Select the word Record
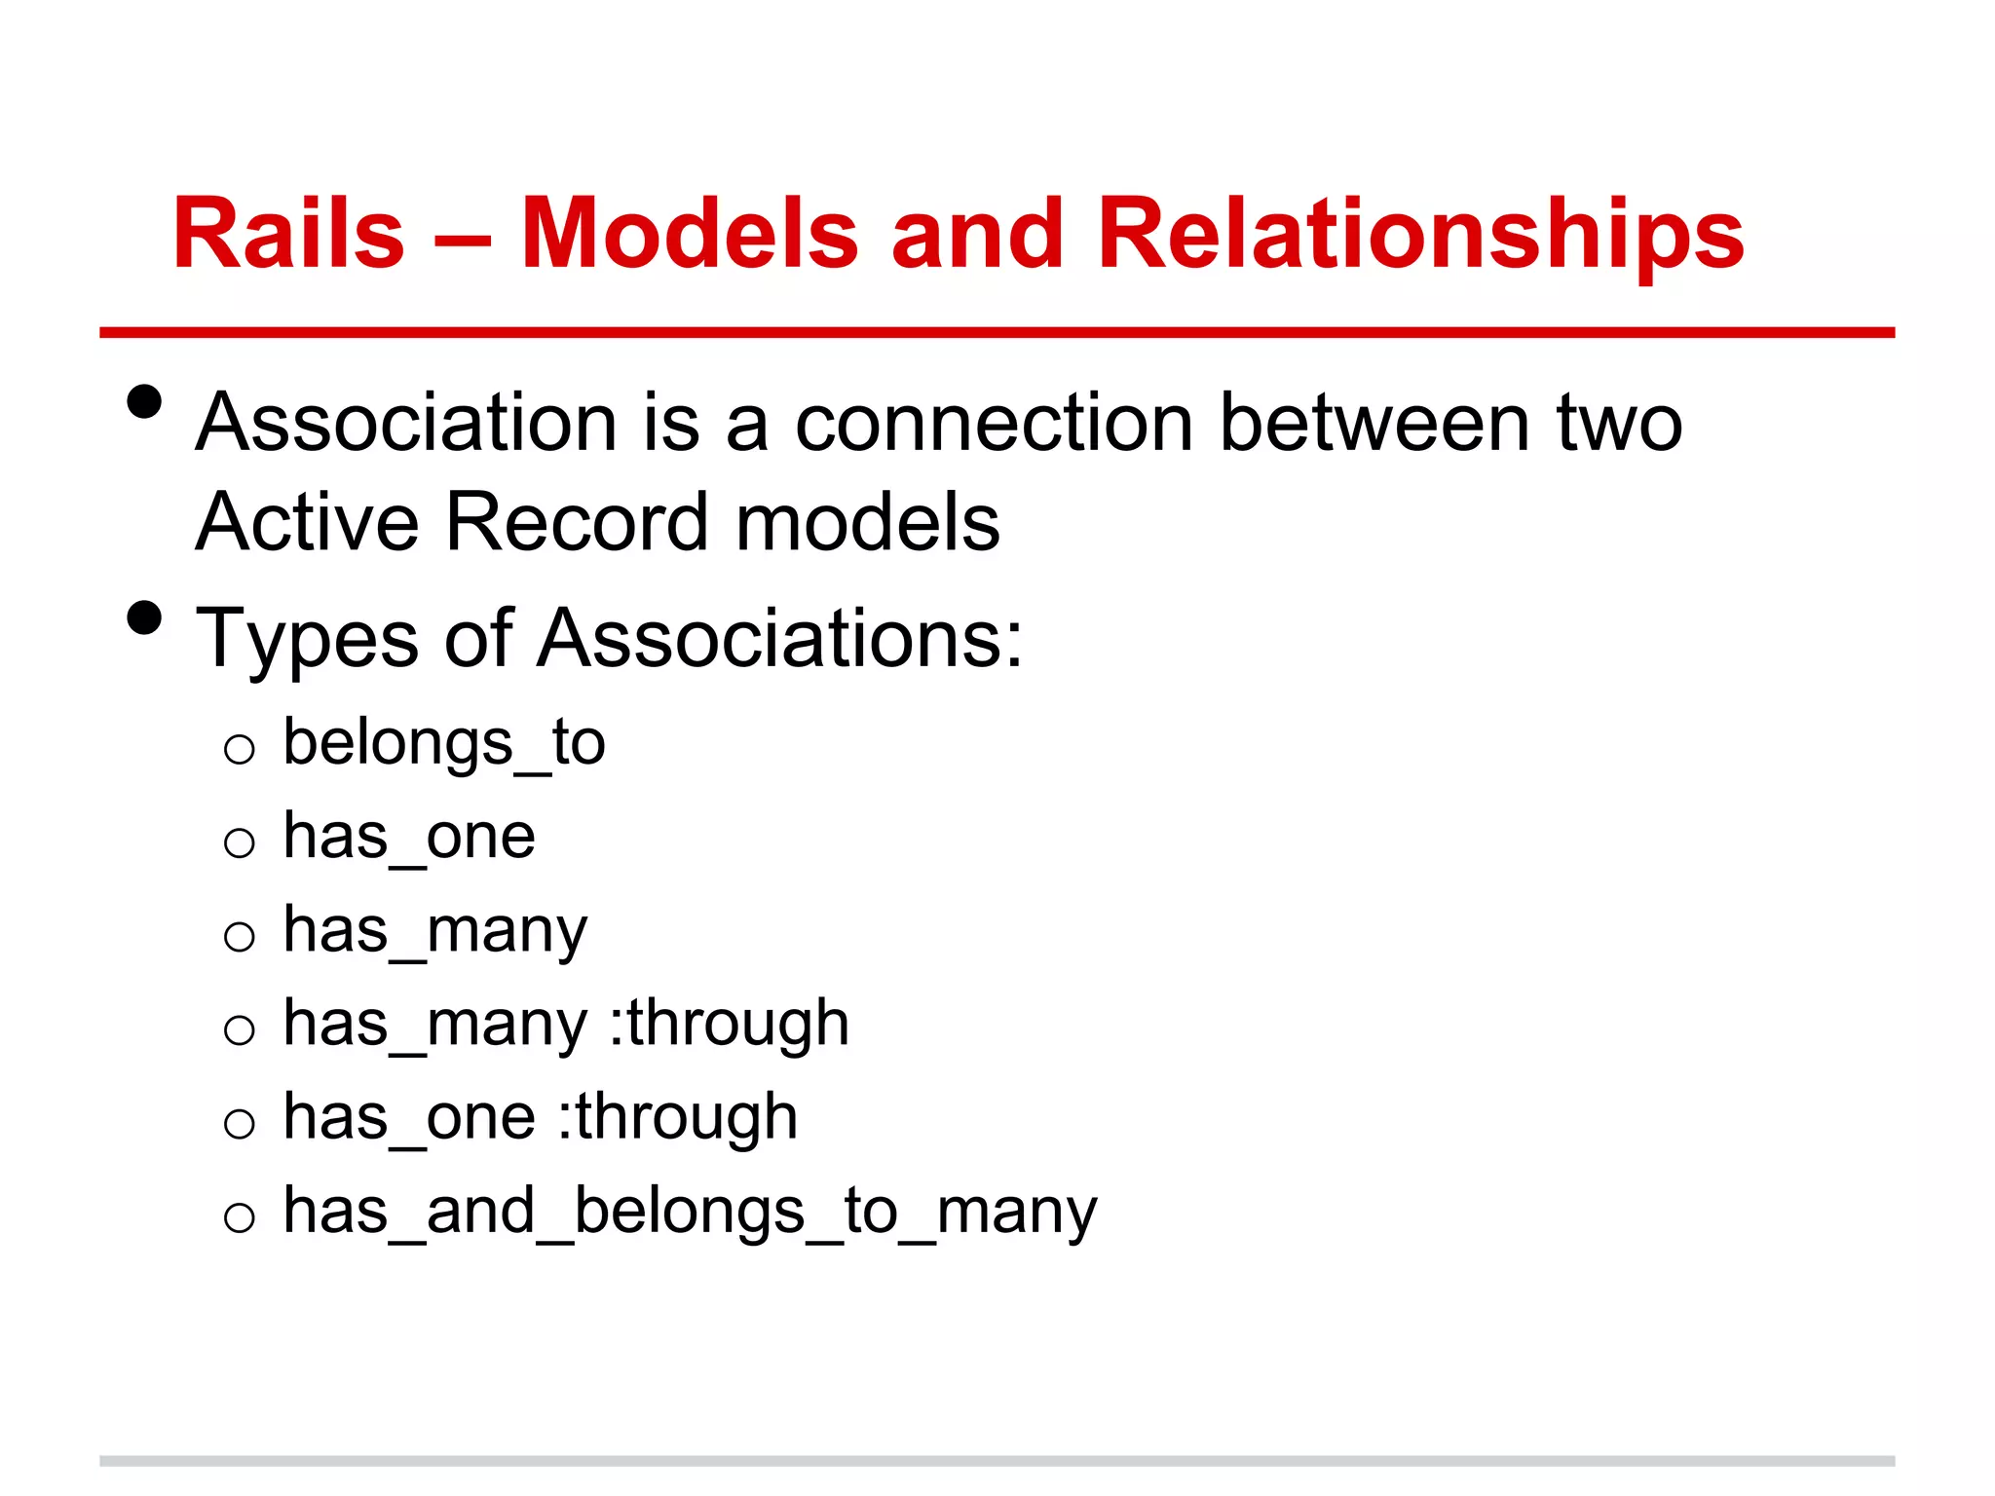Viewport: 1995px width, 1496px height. coord(577,522)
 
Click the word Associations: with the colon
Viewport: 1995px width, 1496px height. coord(780,639)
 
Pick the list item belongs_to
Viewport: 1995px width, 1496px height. coord(444,743)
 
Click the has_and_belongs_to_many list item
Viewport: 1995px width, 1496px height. coord(690,1212)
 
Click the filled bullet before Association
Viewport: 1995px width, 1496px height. coord(144,402)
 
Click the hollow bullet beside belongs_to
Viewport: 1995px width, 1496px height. coord(239,750)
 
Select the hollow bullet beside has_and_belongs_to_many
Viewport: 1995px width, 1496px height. coord(239,1217)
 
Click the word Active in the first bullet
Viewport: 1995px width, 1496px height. coord(307,522)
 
